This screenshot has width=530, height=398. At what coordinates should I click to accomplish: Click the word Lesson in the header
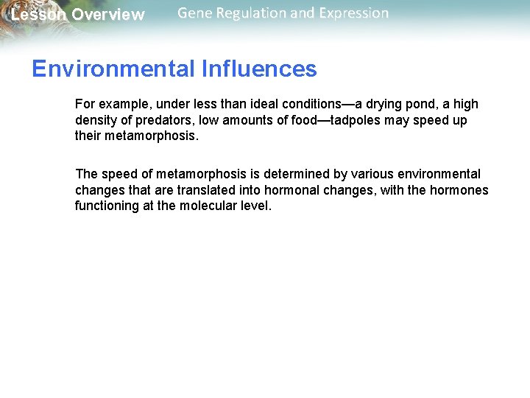(x=38, y=15)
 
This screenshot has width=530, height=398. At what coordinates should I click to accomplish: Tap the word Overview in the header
(x=108, y=15)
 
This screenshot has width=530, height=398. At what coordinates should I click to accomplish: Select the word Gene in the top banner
(x=195, y=13)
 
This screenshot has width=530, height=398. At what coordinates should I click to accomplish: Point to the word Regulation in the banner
(x=253, y=13)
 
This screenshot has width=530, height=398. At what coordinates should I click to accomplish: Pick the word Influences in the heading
(x=258, y=69)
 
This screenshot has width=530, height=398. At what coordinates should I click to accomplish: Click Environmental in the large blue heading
(x=113, y=69)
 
